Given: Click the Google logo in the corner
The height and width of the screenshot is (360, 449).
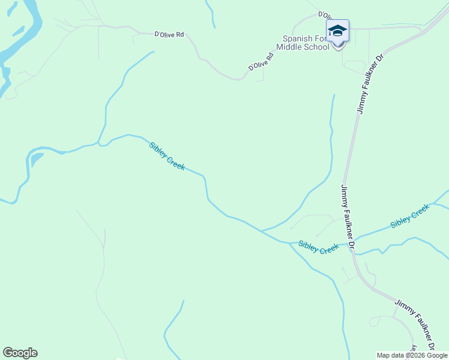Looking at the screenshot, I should click(x=20, y=353).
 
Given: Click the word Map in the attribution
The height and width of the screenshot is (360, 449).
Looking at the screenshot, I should click(x=383, y=355).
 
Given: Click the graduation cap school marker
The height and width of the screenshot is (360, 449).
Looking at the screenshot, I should click(x=337, y=31).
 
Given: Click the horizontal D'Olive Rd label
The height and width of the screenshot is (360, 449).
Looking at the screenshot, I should click(x=169, y=35).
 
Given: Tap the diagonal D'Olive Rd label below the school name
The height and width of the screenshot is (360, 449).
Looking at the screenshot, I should click(x=261, y=62).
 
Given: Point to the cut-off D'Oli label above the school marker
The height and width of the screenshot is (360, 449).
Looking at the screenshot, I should click(x=325, y=14).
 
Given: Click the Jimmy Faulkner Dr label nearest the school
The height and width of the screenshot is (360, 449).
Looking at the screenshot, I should click(x=370, y=85).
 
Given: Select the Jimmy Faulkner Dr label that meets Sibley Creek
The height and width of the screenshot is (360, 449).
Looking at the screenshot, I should click(x=348, y=217).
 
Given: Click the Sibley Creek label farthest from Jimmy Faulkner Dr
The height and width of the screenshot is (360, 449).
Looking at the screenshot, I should click(x=167, y=155).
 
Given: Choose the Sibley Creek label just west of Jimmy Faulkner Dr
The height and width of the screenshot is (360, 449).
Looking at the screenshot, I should click(x=319, y=247).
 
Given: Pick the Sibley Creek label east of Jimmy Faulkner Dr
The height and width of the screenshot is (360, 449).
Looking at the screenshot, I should click(x=410, y=216).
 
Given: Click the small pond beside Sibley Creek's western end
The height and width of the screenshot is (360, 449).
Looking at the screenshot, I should click(x=37, y=158).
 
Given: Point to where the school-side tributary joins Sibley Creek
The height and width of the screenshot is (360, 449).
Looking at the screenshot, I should click(x=262, y=230).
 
